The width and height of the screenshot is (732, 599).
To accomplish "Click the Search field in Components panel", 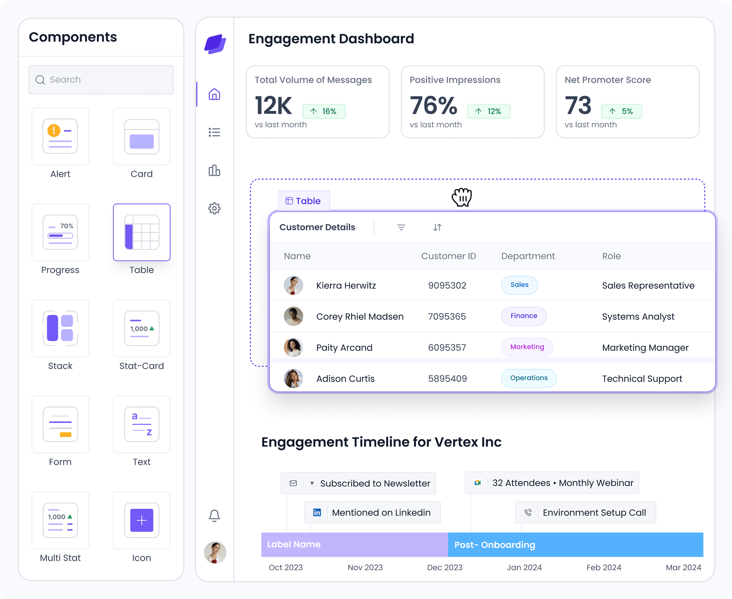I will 101,80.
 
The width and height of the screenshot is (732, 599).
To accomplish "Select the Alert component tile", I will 60,136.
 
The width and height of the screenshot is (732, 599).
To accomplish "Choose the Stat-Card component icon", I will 141,328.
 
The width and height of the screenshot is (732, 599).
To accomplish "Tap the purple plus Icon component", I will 141,520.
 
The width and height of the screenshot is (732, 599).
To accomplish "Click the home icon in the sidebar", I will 214,94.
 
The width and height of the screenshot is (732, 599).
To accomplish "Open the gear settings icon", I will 214,208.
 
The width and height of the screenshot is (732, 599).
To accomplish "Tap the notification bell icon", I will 214,515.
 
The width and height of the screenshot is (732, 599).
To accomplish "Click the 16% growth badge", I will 324,111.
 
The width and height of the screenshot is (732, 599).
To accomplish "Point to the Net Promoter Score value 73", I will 578,106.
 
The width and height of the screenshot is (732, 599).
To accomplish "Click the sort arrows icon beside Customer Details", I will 437,228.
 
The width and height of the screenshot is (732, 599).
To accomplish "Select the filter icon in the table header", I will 401,228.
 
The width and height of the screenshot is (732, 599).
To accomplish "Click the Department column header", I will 528,256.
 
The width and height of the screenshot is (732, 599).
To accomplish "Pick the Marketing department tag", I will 527,347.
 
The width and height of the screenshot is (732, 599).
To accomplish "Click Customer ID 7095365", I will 447,316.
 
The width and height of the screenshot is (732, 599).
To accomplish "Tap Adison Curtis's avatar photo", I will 293,379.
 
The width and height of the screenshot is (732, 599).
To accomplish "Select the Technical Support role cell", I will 642,379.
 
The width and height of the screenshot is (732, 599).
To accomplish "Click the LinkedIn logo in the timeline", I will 317,512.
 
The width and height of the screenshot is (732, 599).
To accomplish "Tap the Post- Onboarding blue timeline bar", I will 575,545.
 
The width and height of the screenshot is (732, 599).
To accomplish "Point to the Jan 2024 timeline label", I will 524,567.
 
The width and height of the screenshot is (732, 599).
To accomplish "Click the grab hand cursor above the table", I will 462,197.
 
